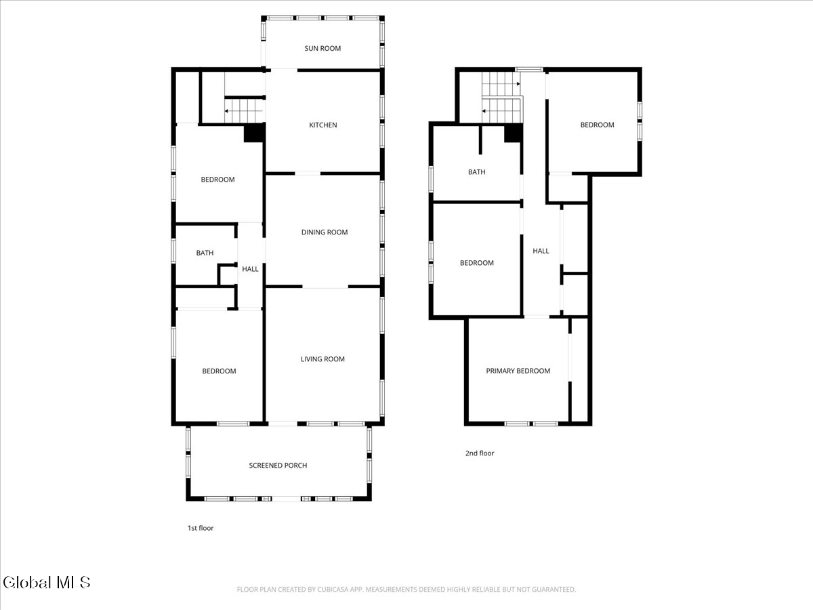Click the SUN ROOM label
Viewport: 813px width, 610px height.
[322, 49]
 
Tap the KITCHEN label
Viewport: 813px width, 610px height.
[323, 125]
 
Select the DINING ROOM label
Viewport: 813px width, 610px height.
[325, 232]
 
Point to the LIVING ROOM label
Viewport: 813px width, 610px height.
[322, 359]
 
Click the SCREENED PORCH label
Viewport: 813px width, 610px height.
[278, 466]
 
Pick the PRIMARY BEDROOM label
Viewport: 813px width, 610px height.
[518, 371]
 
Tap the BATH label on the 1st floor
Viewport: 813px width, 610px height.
[205, 253]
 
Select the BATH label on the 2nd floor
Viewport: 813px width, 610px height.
[476, 172]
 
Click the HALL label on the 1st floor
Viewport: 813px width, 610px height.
[250, 269]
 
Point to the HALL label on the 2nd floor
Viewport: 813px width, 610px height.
[541, 251]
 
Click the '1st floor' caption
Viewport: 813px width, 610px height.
[201, 528]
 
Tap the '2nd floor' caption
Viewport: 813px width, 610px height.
[480, 453]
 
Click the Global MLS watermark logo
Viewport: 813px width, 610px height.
[47, 582]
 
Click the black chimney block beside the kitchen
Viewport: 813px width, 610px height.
[254, 133]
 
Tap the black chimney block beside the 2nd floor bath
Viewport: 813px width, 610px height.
[513, 134]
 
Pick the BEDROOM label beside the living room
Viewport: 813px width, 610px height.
[219, 371]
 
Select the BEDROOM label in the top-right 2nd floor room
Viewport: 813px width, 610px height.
[597, 125]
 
